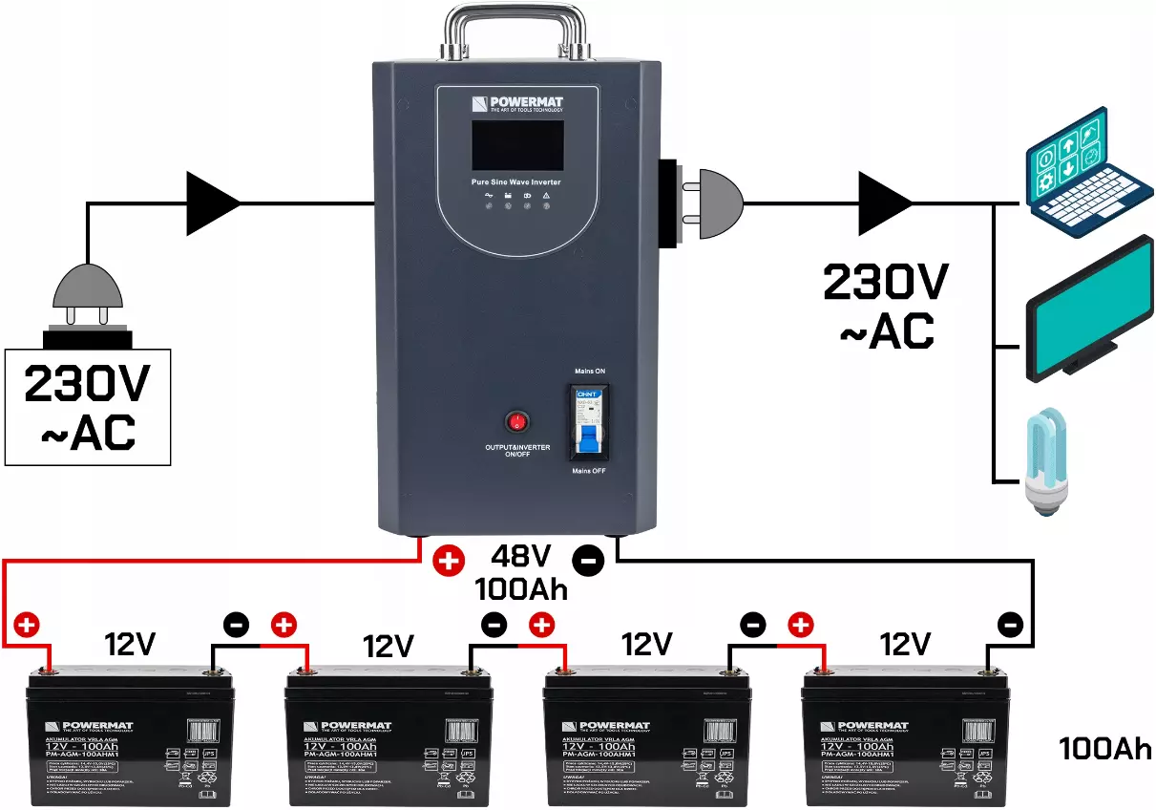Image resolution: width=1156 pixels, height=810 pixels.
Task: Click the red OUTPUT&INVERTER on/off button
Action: pos(517,421)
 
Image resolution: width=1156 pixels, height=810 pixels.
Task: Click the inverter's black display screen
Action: pos(517,145)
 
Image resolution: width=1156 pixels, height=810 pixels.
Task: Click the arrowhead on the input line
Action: pos(212,203)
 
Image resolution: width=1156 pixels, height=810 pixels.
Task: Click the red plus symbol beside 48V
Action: pos(448,561)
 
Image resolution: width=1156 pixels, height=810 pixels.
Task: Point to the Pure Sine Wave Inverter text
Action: pos(516,181)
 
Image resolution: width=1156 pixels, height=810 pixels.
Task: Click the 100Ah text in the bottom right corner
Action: pos(1104,748)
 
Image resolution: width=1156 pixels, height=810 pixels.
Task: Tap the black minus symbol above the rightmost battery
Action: pos(1010,626)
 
